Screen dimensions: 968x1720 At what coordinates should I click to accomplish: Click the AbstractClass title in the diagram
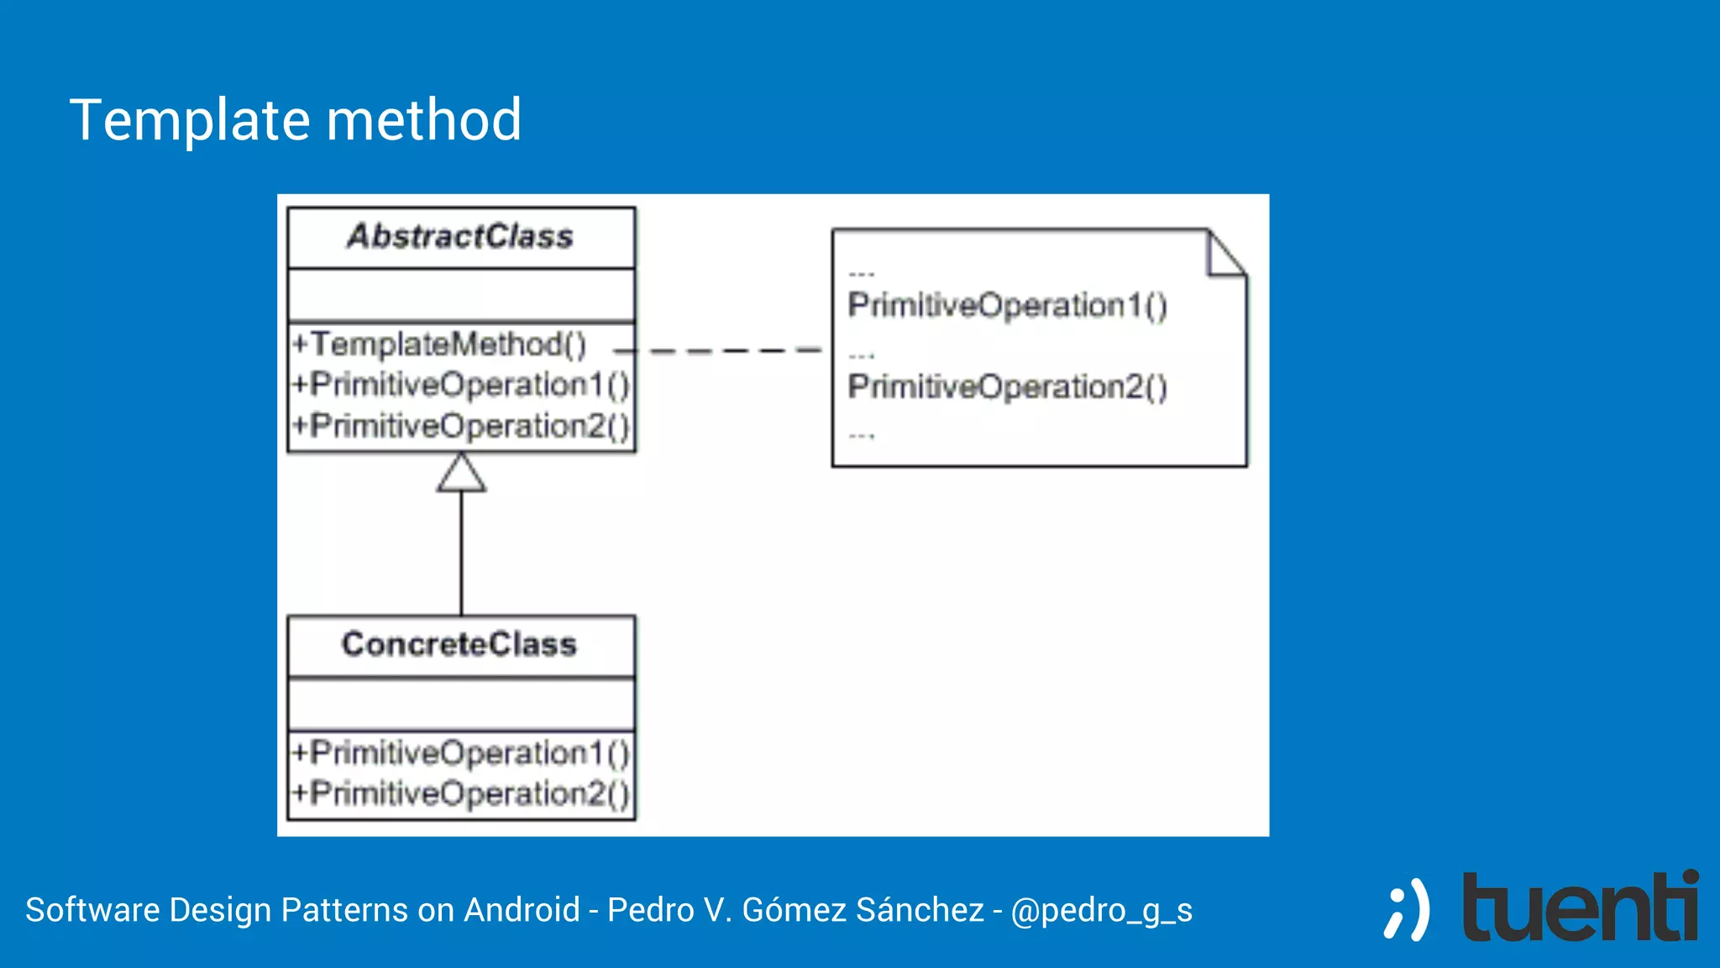tap(460, 237)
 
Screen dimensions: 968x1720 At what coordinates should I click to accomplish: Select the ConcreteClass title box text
tap(459, 644)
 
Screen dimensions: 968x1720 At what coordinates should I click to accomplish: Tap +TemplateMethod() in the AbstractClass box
tap(439, 345)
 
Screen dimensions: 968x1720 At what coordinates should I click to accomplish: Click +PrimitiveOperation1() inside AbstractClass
tap(460, 385)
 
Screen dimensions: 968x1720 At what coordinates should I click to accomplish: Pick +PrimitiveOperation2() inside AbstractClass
tap(460, 426)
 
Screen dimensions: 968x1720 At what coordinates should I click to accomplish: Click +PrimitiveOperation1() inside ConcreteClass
tap(460, 753)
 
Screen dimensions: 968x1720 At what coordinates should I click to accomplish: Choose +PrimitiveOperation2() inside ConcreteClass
tap(460, 793)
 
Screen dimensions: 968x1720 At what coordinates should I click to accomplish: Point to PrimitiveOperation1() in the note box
tap(1007, 305)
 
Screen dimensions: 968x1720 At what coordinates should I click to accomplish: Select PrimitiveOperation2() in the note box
tap(1007, 387)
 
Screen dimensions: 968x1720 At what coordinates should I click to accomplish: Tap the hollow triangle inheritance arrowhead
tap(461, 475)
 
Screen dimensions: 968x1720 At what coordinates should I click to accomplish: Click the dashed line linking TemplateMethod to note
tap(731, 350)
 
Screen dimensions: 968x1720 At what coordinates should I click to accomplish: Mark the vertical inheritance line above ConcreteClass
tap(461, 555)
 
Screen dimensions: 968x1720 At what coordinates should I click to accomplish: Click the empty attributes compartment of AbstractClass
tap(460, 295)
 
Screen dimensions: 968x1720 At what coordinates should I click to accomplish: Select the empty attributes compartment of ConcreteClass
tap(460, 704)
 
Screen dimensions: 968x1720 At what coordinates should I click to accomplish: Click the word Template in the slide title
tap(190, 119)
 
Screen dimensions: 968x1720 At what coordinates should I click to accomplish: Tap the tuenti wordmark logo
tap(1580, 908)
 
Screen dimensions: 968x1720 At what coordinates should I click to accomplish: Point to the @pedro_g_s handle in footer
tap(1101, 911)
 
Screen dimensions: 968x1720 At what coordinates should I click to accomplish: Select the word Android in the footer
tap(522, 910)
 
